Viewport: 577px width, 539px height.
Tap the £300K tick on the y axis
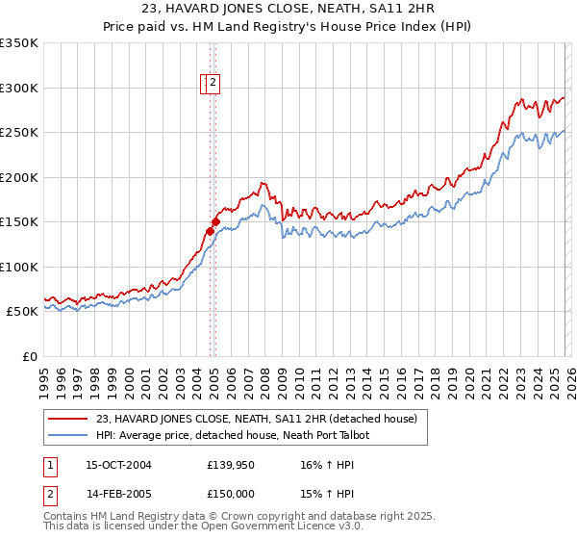coord(19,88)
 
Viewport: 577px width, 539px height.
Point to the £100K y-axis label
coord(19,267)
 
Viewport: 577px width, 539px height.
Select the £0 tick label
coord(27,356)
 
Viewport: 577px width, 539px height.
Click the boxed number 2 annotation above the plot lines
coord(213,84)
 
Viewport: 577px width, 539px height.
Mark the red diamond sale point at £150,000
coord(215,221)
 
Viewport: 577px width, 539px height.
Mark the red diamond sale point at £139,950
coord(210,231)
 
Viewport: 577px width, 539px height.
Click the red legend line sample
coord(69,420)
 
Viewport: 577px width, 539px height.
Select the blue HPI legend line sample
coord(69,436)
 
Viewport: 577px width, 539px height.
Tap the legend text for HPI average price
coord(232,436)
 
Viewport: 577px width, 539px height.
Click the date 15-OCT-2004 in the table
coord(119,465)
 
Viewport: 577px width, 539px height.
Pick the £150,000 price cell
coord(231,494)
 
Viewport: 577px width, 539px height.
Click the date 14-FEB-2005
coord(119,494)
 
